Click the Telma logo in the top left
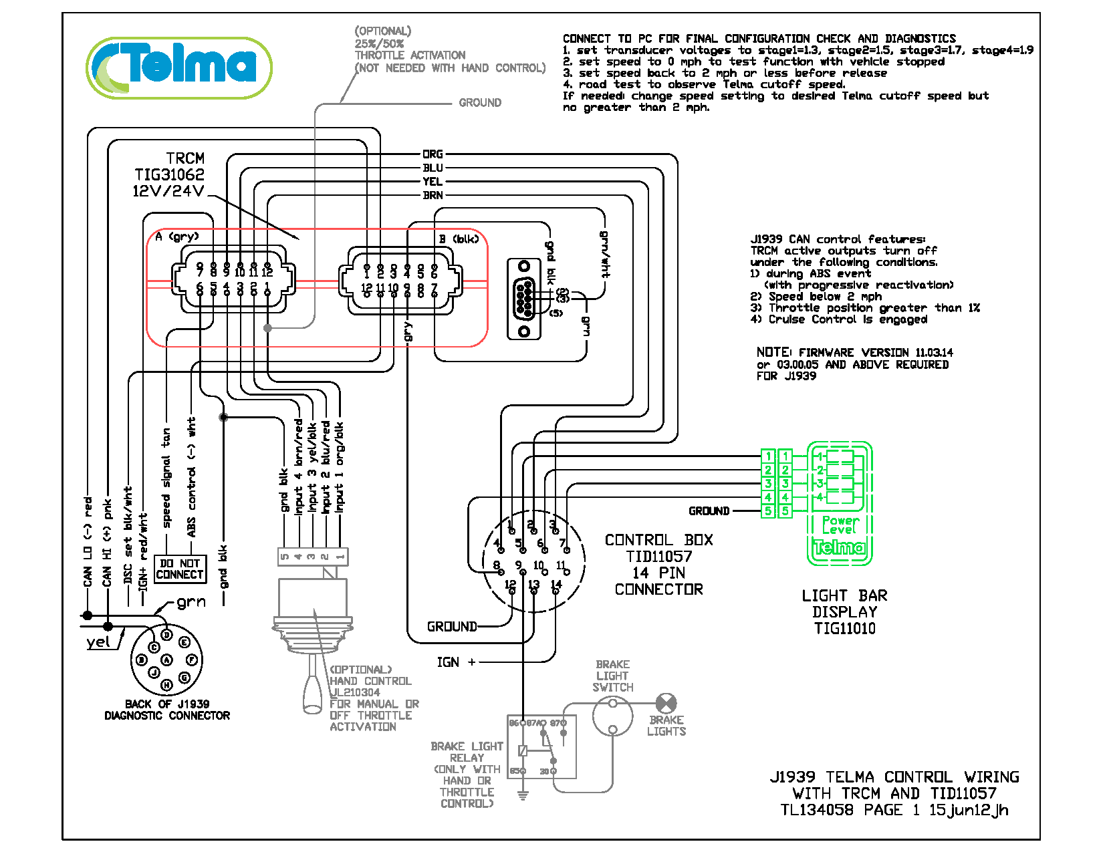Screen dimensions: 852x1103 (x=178, y=67)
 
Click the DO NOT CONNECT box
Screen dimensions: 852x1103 (x=180, y=569)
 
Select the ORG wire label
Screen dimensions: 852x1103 (x=433, y=154)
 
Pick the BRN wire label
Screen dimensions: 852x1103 (x=433, y=195)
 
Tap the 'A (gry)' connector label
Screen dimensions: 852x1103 (x=176, y=237)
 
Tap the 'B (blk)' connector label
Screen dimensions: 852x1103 (x=459, y=239)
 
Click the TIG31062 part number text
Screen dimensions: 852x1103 (x=169, y=174)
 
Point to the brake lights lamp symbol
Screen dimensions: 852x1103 (x=666, y=703)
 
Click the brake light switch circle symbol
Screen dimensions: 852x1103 (x=612, y=716)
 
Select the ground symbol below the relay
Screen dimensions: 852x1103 (x=523, y=795)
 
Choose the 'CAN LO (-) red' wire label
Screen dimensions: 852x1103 (x=88, y=541)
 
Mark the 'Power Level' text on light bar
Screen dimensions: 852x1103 (x=840, y=525)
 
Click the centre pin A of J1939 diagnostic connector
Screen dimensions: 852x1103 (x=166, y=660)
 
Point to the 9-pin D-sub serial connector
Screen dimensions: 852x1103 (x=524, y=299)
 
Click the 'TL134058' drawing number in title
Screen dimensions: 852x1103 (x=817, y=810)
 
